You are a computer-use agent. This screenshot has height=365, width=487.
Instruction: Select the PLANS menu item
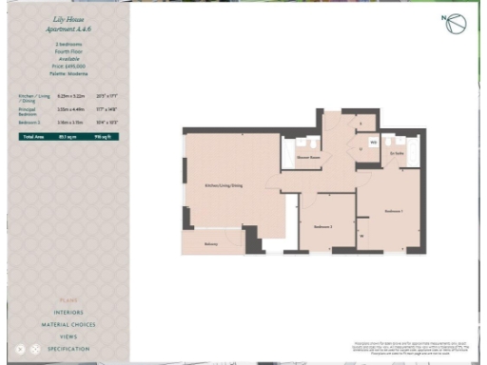click(x=68, y=300)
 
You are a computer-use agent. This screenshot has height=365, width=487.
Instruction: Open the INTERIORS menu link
click(x=68, y=313)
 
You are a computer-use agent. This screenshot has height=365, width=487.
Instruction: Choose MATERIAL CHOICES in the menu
click(x=68, y=325)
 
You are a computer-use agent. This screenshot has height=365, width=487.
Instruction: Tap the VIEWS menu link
click(x=68, y=337)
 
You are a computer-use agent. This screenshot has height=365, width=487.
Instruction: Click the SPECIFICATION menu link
click(x=68, y=350)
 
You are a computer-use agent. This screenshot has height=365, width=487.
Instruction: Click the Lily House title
click(x=68, y=18)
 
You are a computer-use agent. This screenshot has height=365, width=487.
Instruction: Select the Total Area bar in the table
click(x=68, y=137)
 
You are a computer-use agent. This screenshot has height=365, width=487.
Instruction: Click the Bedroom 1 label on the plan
click(x=395, y=210)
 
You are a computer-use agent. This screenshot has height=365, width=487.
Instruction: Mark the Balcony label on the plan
click(x=210, y=244)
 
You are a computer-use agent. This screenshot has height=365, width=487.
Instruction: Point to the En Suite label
click(x=399, y=153)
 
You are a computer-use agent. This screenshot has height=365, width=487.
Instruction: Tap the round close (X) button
click(x=20, y=350)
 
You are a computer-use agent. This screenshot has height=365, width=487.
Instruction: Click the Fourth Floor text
click(x=68, y=50)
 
